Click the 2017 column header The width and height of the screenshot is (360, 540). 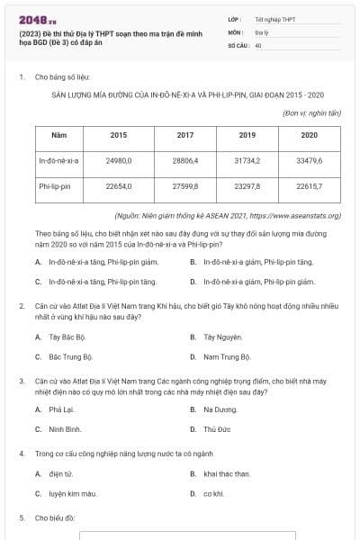click(185, 135)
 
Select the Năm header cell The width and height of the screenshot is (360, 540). click(59, 135)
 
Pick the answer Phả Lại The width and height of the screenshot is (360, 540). click(62, 409)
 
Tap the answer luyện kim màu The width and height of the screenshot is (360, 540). click(73, 493)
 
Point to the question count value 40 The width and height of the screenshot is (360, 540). click(258, 45)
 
